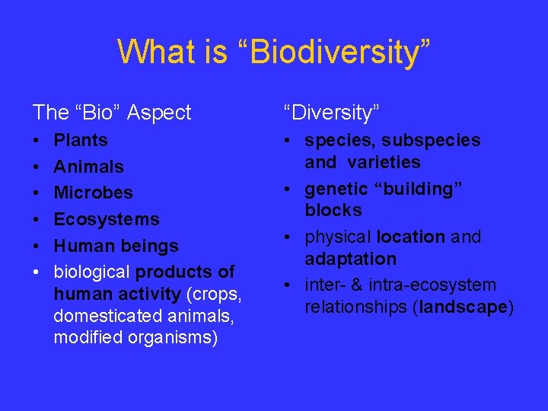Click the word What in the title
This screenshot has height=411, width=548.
152,52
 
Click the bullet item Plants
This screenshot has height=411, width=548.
81,140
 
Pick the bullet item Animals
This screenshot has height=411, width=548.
88,167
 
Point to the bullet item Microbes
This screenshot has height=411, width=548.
93,193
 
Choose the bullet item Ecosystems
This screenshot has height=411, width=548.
107,219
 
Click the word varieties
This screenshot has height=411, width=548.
384,162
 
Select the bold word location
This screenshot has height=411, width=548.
410,237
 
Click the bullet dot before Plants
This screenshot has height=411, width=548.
37,141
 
